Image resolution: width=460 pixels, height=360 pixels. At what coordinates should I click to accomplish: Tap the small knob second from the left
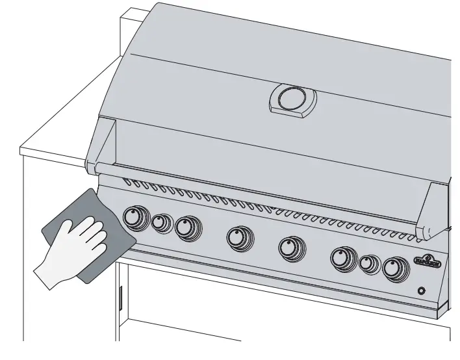pos(160,223)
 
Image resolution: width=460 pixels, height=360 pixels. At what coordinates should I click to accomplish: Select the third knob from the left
pos(187,227)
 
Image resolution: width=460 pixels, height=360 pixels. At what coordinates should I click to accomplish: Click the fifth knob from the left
pos(289,248)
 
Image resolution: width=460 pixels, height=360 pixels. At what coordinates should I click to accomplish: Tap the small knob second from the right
pos(368,264)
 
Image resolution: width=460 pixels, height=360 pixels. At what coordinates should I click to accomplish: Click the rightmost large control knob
pos(393,268)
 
